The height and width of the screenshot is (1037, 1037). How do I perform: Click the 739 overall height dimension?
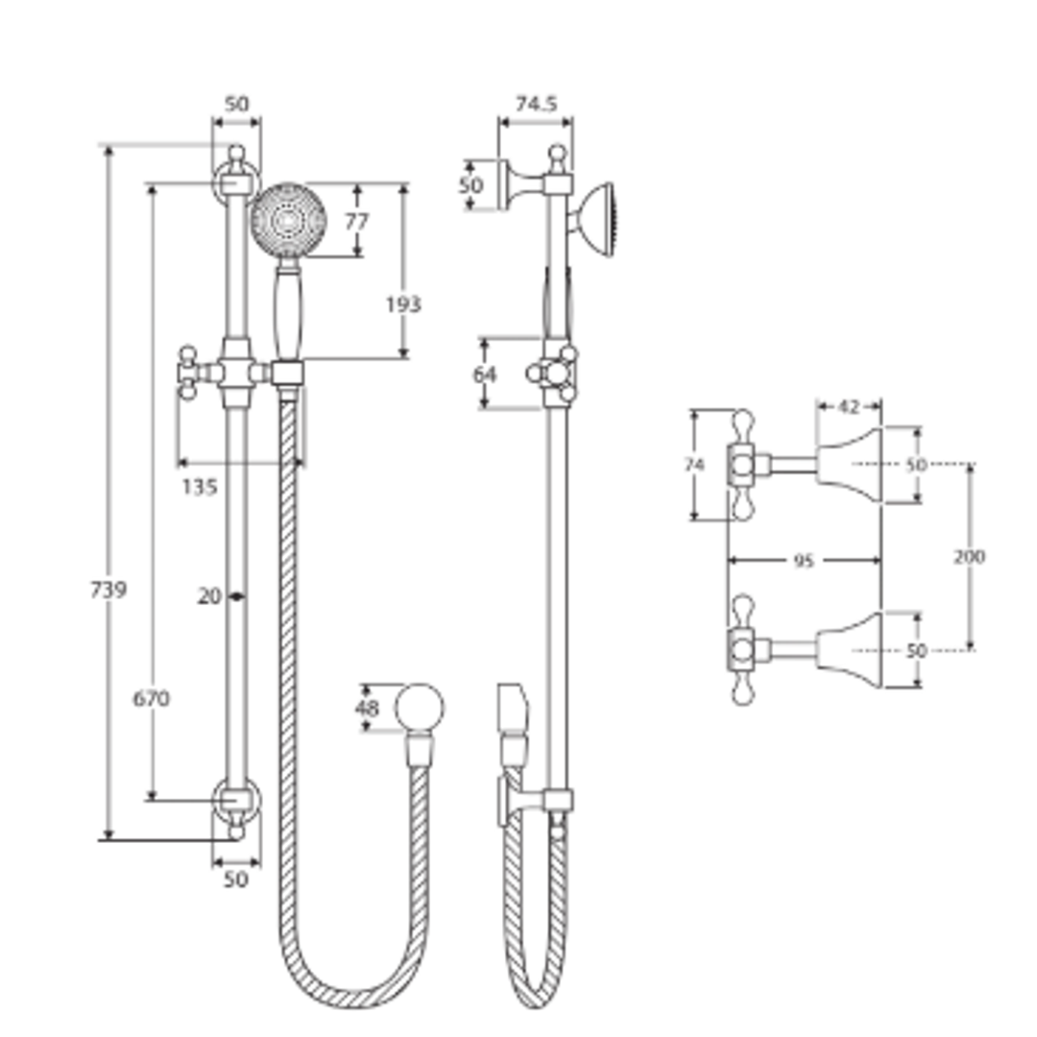108,590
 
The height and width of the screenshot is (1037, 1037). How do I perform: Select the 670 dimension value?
151,699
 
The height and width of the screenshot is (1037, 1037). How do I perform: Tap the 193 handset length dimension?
403,304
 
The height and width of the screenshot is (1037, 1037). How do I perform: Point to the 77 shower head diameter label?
356,222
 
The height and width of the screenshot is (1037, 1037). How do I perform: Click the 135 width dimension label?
199,487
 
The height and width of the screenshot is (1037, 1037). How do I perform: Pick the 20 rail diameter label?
209,596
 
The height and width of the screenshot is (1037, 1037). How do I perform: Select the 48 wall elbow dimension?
367,709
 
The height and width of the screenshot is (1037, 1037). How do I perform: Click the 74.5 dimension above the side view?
536,105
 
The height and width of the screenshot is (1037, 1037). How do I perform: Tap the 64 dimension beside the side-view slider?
485,374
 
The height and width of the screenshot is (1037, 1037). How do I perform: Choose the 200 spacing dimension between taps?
970,556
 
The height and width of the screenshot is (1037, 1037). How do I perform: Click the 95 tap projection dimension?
804,561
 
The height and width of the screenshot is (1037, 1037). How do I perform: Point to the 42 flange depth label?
848,407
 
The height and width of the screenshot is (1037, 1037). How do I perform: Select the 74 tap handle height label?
694,465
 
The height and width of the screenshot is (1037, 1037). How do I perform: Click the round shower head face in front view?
286,221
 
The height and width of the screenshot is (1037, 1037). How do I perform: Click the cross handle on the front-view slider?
188,372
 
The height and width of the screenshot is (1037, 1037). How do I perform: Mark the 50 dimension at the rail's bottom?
235,879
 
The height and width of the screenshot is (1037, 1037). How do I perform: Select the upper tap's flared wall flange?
851,466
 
